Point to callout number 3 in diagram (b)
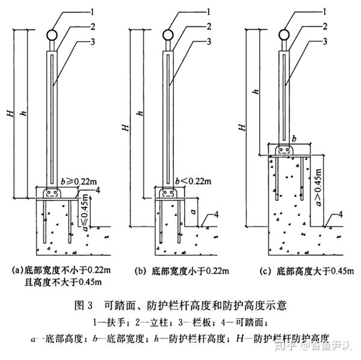(208, 41)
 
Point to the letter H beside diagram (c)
(242, 126)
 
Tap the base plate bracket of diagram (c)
(285, 149)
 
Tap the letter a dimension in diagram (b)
(192, 213)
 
